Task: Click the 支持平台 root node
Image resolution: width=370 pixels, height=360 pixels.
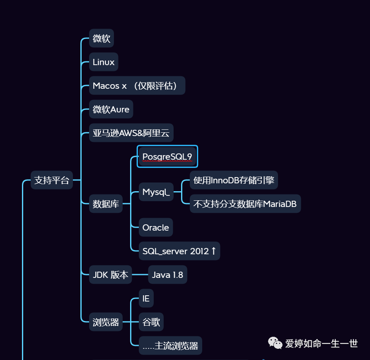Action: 52,180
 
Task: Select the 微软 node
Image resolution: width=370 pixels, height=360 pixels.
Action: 102,39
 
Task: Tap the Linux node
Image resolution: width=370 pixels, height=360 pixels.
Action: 104,62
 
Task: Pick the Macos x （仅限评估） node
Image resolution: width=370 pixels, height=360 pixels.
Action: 137,86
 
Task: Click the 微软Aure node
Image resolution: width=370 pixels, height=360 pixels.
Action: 111,109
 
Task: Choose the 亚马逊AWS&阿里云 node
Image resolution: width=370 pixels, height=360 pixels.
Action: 131,133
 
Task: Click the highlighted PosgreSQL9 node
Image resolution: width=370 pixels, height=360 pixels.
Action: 167,156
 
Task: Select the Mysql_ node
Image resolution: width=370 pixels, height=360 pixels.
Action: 156,192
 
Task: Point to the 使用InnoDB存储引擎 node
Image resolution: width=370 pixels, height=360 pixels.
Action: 234,180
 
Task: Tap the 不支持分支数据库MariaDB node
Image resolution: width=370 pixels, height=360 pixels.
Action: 245,204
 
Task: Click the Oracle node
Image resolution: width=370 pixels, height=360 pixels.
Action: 156,227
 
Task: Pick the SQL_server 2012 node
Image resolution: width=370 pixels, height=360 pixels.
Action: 179,251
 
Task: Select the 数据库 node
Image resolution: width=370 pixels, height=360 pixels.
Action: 106,204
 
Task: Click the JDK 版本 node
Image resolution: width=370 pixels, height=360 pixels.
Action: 110,275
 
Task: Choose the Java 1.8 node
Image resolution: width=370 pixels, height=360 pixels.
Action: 167,275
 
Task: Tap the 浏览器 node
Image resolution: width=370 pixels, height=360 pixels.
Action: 106,322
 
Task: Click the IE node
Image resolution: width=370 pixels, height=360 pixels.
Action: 146,298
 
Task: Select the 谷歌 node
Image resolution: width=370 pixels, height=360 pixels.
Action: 151,322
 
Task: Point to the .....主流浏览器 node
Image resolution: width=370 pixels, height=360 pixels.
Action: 170,345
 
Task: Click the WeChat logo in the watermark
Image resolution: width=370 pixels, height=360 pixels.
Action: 275,343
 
